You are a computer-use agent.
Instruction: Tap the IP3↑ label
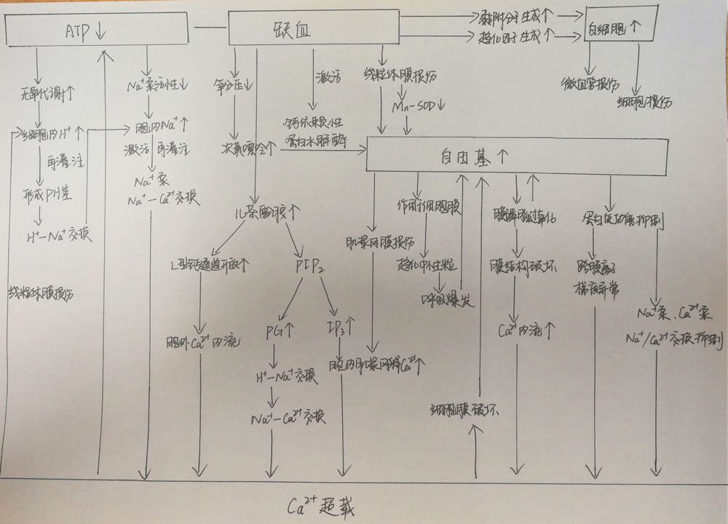click(342, 324)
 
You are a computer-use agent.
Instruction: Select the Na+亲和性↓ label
click(157, 88)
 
